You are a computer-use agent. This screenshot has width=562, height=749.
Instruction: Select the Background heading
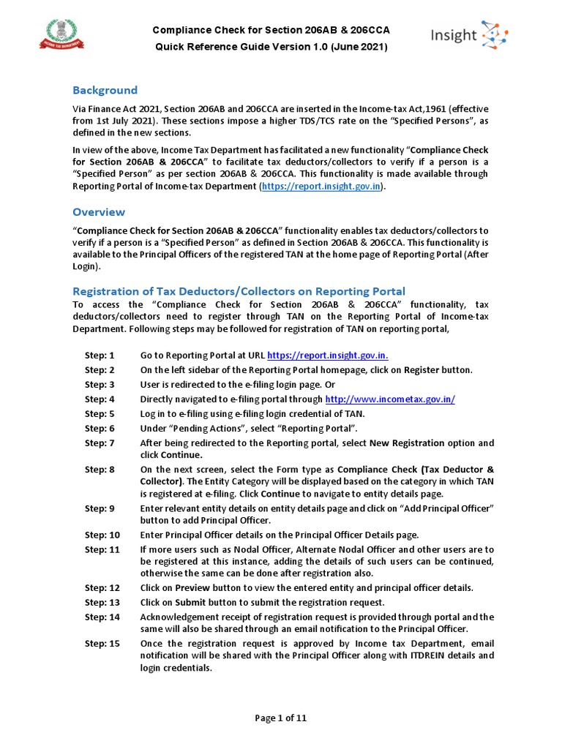[105, 90]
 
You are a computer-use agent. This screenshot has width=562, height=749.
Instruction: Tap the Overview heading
[98, 212]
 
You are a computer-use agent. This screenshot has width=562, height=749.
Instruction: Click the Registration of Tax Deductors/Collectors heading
[239, 291]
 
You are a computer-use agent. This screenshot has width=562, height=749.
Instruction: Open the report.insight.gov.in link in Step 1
[328, 355]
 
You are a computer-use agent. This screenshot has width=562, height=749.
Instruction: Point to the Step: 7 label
[100, 443]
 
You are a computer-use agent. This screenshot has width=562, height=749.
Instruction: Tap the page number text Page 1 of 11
[280, 718]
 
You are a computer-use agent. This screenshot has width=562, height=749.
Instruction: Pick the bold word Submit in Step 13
[190, 603]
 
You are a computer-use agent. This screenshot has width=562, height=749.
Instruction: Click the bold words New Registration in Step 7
[406, 443]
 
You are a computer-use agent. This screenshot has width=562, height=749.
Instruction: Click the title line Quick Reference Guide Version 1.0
[270, 47]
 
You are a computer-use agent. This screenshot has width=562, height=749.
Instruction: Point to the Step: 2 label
[100, 370]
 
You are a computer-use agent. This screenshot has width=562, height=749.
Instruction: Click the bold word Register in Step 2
[422, 370]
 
